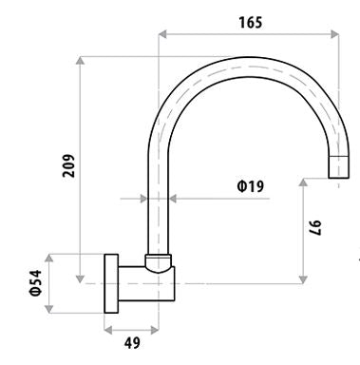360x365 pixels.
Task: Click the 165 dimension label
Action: pos(251,23)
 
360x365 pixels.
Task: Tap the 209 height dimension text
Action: pos(68,165)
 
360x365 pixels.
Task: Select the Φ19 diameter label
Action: pos(251,186)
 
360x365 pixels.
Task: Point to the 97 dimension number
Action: pos(315,228)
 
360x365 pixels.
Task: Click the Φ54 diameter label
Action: pos(35,283)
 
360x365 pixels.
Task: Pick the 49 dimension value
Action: pos(132,342)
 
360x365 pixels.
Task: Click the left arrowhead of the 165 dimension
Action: pos(162,34)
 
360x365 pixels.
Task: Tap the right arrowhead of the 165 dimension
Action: pos(334,34)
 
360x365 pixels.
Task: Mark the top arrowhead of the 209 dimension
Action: pos(81,60)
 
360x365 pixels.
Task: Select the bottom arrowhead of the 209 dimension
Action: pos(81,279)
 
